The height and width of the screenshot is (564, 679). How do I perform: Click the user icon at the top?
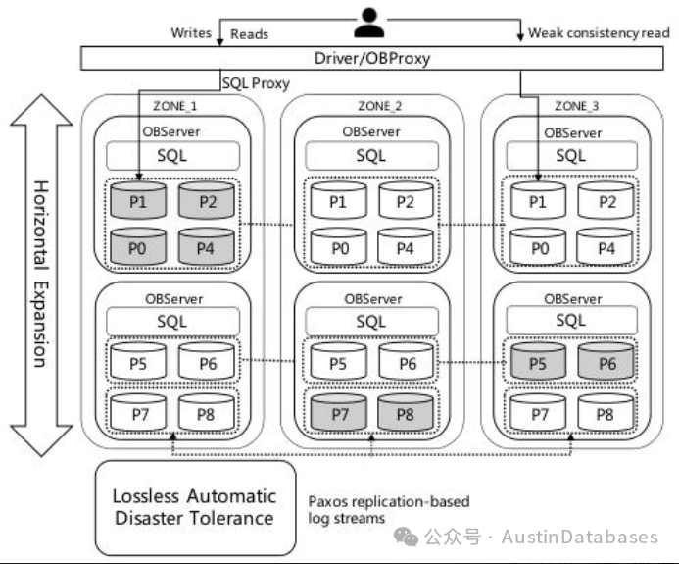tap(369, 23)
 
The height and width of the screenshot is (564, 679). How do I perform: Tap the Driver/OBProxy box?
tap(372, 58)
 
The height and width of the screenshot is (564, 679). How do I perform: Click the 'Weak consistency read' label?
tap(599, 33)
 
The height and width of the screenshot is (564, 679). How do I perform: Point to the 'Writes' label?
tap(191, 33)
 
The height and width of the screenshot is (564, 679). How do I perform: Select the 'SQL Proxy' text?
tap(256, 83)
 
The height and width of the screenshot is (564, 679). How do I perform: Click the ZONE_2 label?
tap(380, 106)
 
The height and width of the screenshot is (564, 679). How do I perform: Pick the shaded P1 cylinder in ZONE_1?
tap(138, 200)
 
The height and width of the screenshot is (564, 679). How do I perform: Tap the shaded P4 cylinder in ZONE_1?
tap(206, 246)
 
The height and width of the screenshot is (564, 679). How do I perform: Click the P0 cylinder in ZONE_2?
tap(339, 246)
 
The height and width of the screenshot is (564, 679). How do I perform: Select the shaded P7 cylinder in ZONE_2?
tap(339, 412)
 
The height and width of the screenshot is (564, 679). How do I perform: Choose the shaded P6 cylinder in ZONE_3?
tap(606, 362)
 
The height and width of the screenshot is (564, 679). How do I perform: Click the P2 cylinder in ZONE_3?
tap(606, 200)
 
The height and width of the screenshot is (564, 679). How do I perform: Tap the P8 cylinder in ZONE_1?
tap(206, 412)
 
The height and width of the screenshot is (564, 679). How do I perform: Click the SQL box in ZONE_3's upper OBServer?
tap(571, 155)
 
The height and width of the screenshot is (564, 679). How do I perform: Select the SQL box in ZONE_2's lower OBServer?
tap(371, 321)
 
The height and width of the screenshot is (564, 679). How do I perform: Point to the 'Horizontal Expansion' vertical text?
tap(41, 275)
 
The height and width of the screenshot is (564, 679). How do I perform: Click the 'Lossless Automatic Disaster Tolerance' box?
tap(195, 508)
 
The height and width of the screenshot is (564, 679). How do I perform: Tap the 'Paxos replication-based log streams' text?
tap(389, 510)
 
